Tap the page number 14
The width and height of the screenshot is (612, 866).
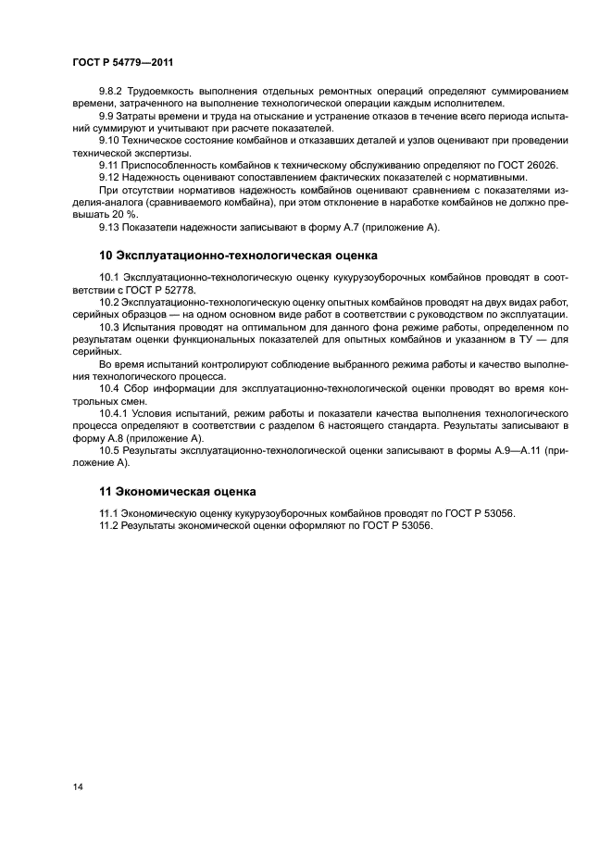78,786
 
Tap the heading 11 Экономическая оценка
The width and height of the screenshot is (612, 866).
178,490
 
